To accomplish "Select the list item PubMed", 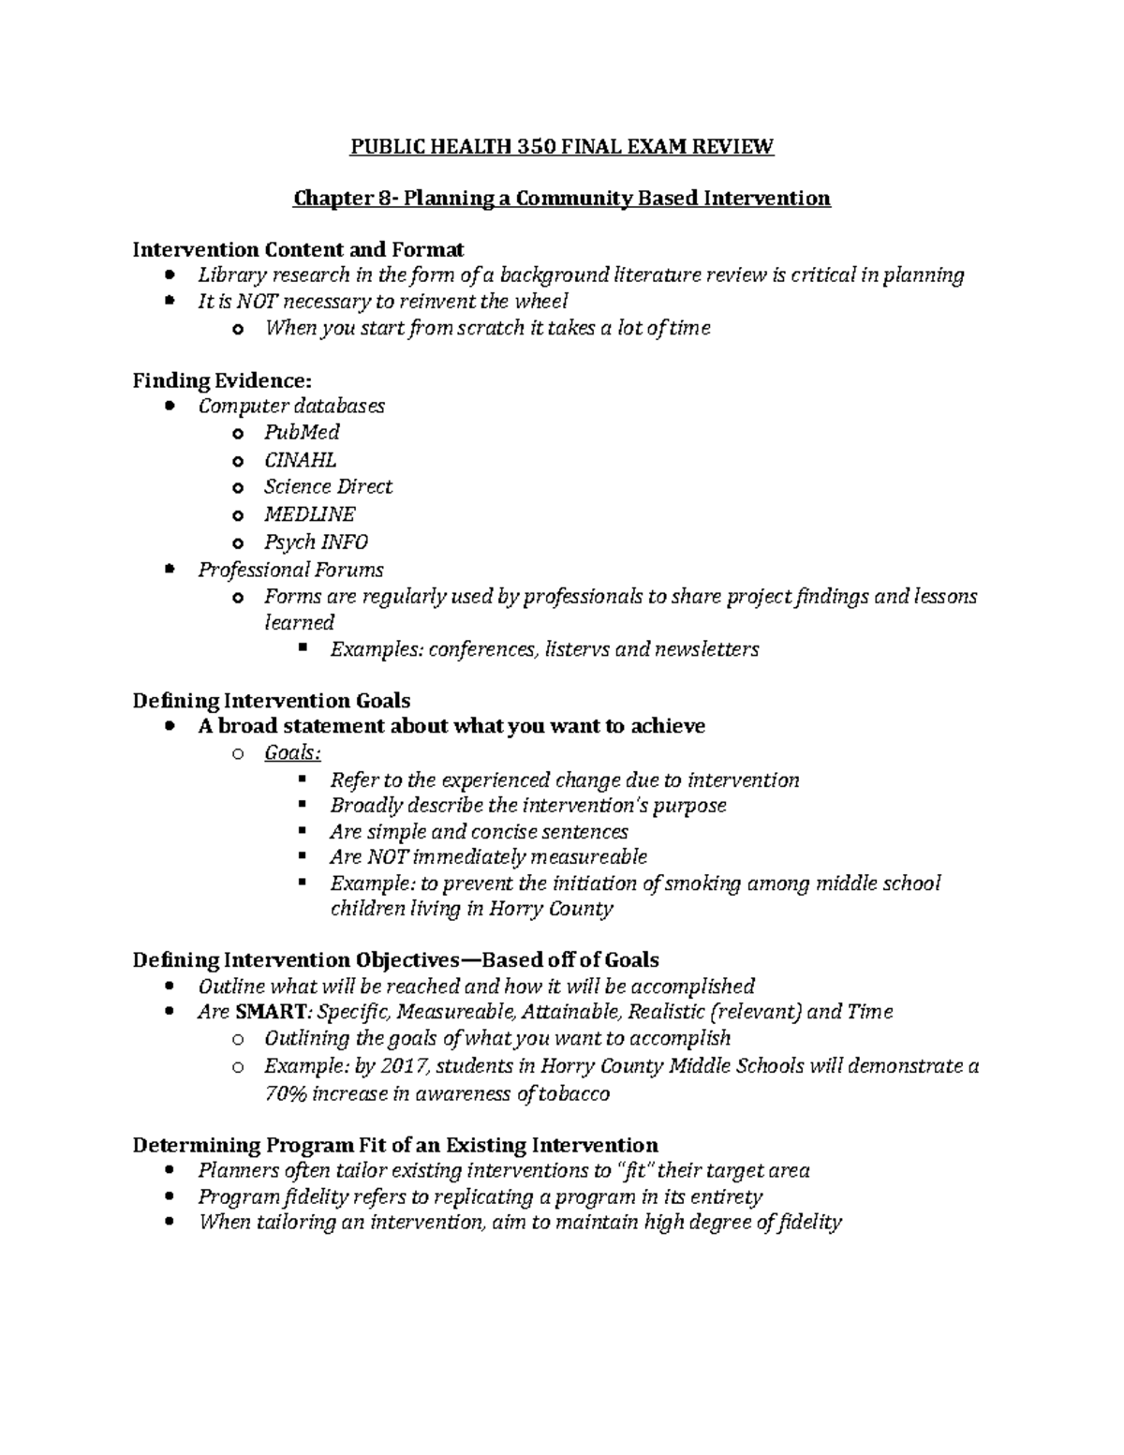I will pyautogui.click(x=302, y=432).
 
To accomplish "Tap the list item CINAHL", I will pyautogui.click(x=300, y=460).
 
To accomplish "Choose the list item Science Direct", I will pyautogui.click(x=328, y=487).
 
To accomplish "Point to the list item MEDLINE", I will pyautogui.click(x=309, y=514).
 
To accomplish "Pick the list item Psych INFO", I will pyautogui.click(x=316, y=542).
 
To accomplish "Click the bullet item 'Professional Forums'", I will pyautogui.click(x=290, y=570).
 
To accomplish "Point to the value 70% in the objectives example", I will pyautogui.click(x=285, y=1093).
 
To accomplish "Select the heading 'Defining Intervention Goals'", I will pyautogui.click(x=272, y=701).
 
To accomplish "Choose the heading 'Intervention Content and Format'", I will pyautogui.click(x=298, y=249).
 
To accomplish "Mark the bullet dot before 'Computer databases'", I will pyautogui.click(x=168, y=407).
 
